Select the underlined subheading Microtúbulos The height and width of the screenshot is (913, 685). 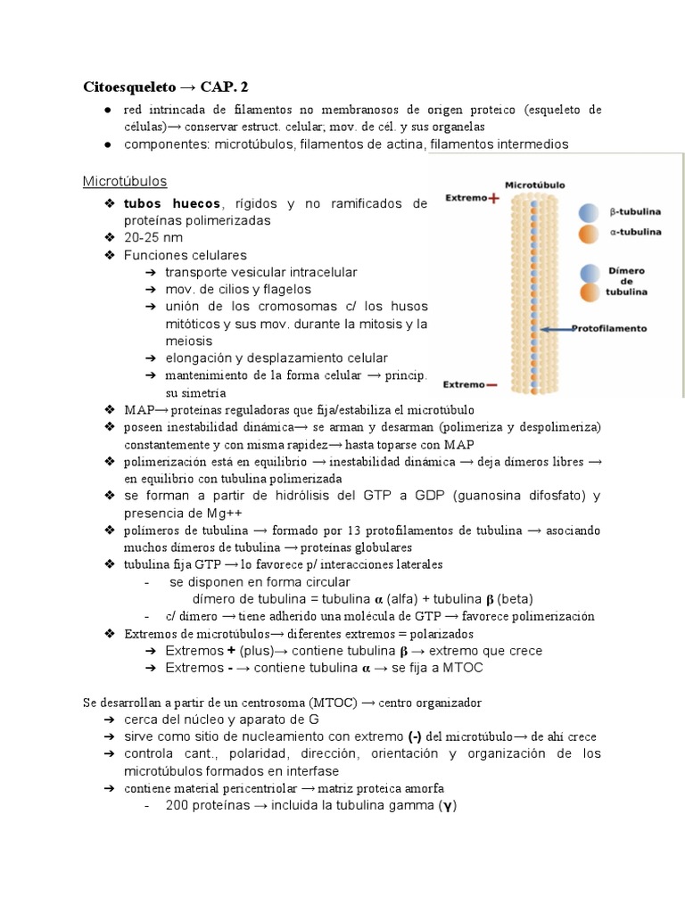coord(125,181)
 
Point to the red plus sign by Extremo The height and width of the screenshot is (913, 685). coord(492,197)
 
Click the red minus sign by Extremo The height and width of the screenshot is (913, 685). coord(492,385)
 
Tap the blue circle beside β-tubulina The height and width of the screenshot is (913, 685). coord(588,213)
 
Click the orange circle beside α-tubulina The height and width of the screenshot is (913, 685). coord(588,234)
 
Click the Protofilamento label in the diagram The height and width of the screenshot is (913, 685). coord(610,328)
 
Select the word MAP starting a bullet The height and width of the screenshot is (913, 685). coord(139,409)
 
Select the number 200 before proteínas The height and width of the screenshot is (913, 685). coord(177,806)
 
